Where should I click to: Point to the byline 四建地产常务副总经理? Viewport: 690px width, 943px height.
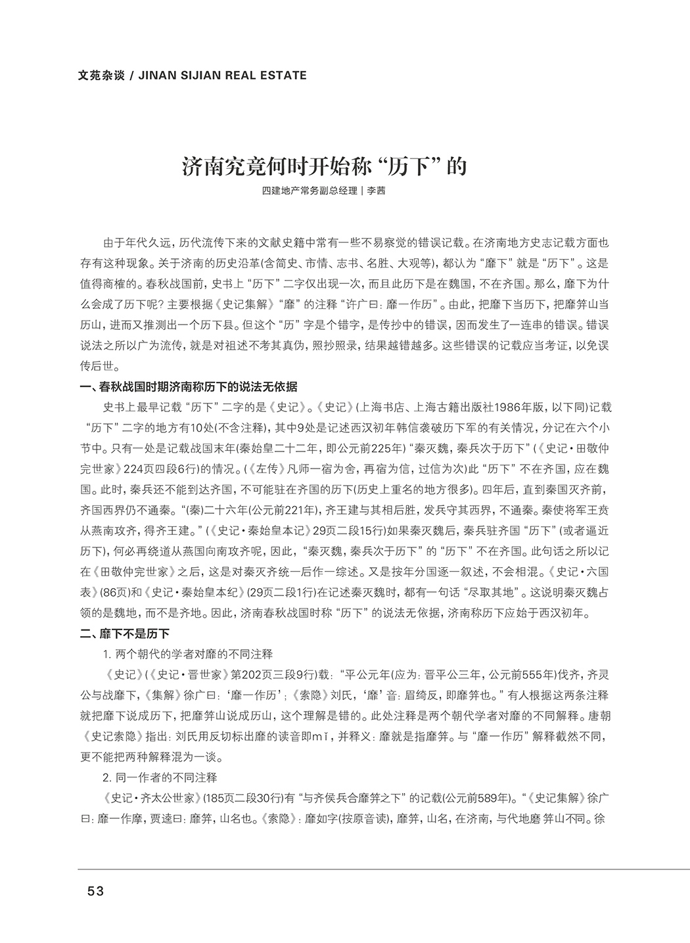pos(309,191)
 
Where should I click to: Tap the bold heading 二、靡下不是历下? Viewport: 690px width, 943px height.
pos(125,634)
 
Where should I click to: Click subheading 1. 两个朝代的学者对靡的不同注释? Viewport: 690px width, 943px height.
pos(187,655)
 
